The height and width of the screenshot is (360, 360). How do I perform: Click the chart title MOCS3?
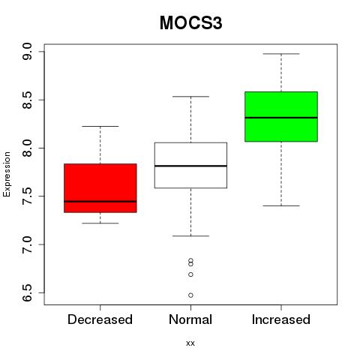190,23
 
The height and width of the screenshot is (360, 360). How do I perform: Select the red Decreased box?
100,188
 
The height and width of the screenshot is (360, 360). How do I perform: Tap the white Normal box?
190,165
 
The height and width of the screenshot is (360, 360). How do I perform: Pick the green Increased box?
281,116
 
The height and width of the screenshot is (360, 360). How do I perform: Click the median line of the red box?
100,201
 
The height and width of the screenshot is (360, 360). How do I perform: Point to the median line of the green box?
281,118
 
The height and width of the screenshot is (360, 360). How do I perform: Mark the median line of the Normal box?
190,166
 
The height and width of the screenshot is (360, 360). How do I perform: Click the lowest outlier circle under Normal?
190,295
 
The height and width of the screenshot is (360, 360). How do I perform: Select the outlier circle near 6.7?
190,274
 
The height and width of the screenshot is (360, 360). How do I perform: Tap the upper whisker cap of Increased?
281,54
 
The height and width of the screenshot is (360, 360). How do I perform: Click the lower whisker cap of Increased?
281,205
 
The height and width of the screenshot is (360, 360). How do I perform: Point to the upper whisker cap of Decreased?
100,126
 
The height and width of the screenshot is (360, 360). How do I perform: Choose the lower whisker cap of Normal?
190,235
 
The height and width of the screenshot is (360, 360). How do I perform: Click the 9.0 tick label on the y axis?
27,52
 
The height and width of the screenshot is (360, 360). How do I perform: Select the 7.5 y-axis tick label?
27,196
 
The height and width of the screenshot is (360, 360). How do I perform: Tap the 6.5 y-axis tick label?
27,292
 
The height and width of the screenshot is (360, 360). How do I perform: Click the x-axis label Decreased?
100,319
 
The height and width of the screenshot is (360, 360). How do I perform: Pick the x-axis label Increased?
281,319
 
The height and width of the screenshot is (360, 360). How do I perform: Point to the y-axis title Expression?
7,174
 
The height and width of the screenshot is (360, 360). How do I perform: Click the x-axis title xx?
190,343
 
